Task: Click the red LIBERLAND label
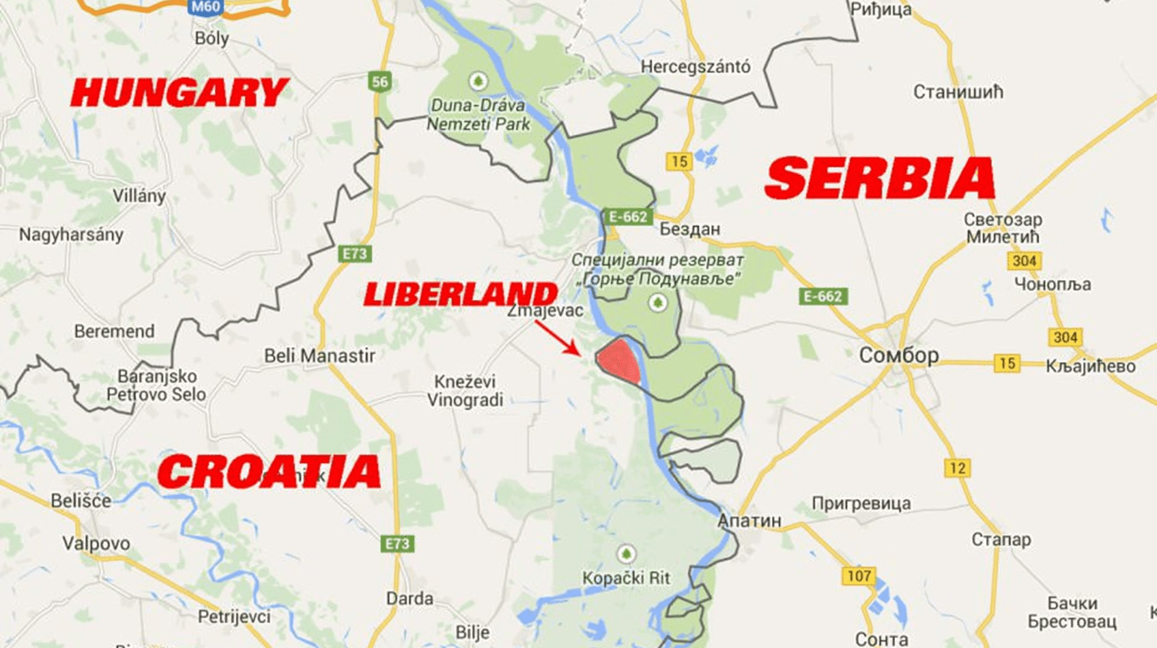[460, 294]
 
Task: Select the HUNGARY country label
[179, 93]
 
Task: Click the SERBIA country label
[880, 178]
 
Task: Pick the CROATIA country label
[269, 471]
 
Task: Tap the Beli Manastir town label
[319, 356]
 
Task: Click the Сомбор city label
[899, 356]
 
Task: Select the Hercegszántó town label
[695, 67]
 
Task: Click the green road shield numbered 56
[379, 82]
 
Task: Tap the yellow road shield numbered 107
[858, 575]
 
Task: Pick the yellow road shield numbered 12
[957, 467]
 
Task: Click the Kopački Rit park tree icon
[626, 554]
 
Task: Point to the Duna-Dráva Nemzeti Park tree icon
[477, 81]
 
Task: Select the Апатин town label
[749, 521]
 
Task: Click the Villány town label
[139, 196]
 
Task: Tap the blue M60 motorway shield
[205, 7]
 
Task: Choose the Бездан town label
[690, 229]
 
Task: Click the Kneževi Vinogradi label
[465, 390]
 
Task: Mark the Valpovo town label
[96, 543]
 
